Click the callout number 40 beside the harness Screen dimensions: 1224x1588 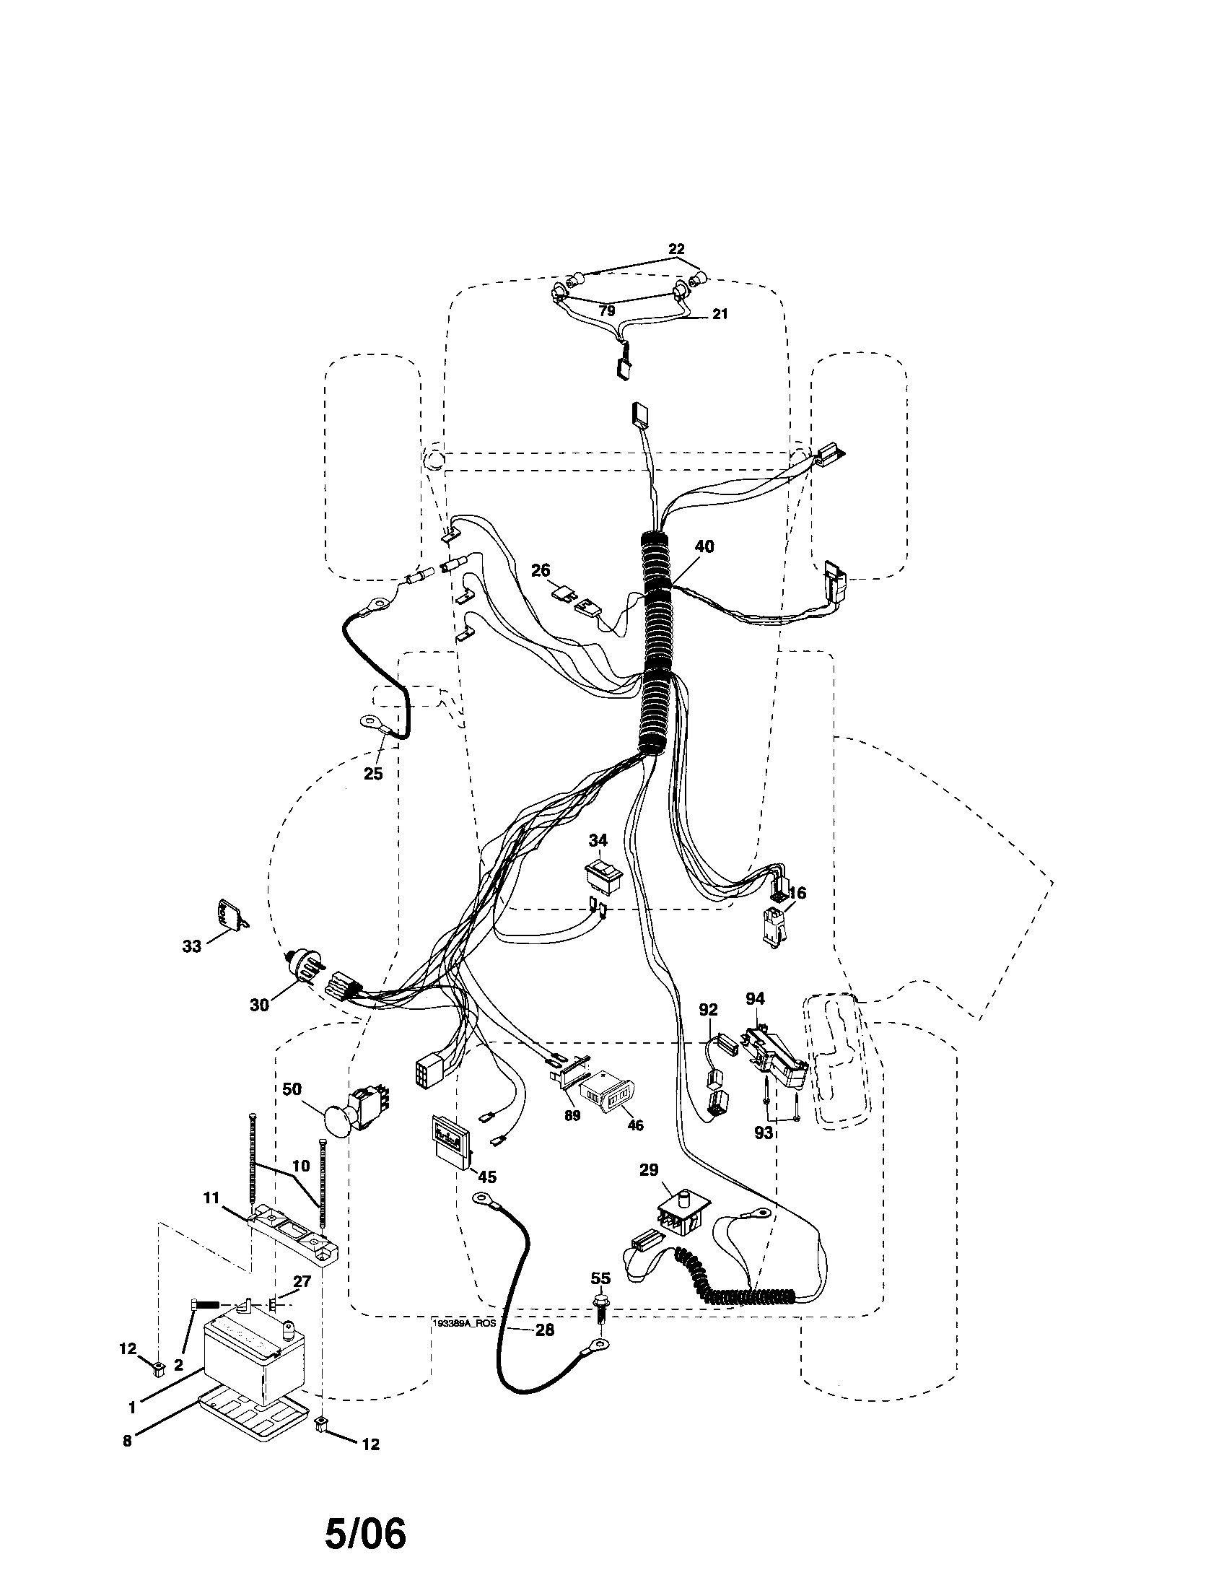704,546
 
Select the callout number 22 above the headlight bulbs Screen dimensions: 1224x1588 676,250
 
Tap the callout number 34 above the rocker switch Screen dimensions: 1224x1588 598,840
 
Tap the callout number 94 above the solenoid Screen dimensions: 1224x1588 755,999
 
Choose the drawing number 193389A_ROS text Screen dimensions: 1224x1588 465,1324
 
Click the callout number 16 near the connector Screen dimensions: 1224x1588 797,894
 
